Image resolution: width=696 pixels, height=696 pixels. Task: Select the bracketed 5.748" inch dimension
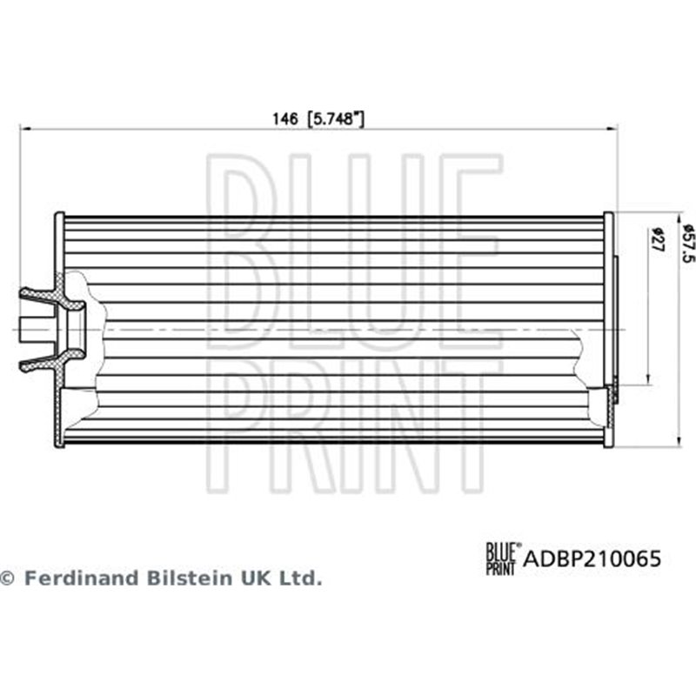point(334,119)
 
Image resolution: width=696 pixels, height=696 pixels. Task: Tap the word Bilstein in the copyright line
point(187,578)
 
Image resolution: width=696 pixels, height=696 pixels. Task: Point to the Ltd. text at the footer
point(300,578)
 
